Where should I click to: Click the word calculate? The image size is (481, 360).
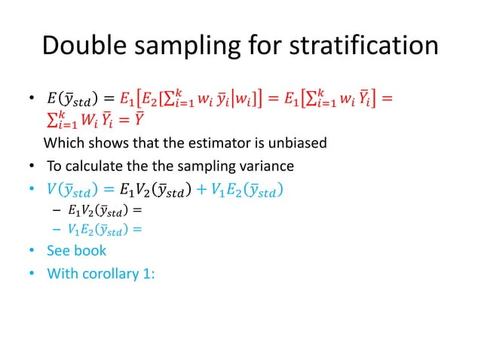pos(93,166)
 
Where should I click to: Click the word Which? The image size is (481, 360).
pos(63,143)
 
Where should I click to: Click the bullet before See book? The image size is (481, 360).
pos(32,251)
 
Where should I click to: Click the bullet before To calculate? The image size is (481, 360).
pos(32,166)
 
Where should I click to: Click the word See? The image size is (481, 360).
pos(59,250)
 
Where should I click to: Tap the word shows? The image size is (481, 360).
pos(101,143)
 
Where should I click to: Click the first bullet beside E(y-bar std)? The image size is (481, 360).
pos(32,98)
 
